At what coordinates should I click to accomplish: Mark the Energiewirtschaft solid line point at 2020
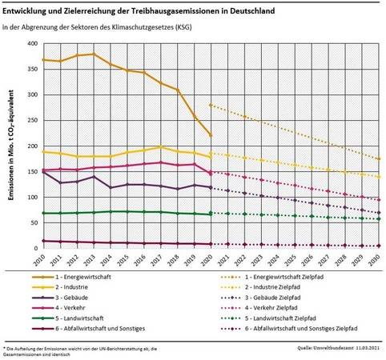tap(210, 135)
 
